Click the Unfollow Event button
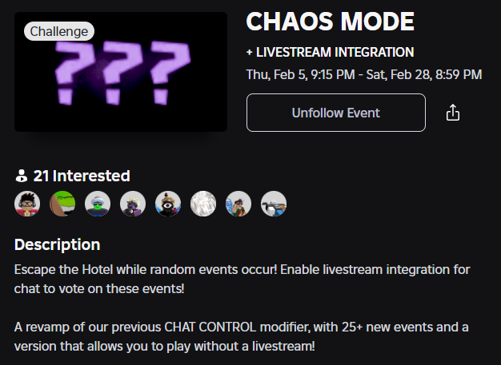coord(335,113)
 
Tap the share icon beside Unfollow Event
coord(453,113)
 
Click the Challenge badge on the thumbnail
coord(59,31)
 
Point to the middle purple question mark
coord(122,73)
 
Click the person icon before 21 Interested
coord(21,177)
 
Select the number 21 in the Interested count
coord(41,177)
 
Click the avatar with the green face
coord(98,204)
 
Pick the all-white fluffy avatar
coord(203,204)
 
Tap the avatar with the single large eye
coord(168,204)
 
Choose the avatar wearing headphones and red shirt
coord(27,204)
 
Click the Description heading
coord(57,244)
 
